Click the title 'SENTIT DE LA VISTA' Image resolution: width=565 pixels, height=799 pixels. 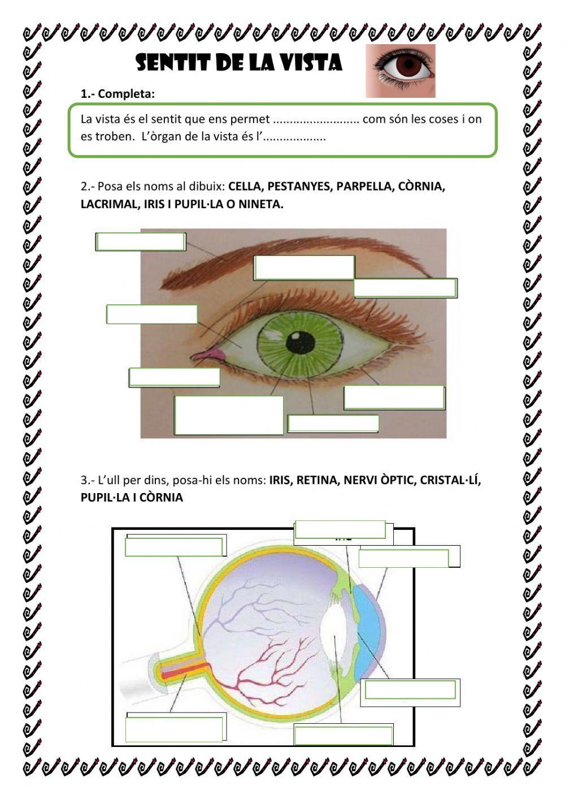[239, 63]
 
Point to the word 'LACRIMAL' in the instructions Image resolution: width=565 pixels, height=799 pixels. [108, 204]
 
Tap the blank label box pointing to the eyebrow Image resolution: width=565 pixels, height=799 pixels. [140, 241]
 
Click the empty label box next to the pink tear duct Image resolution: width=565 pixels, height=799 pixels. [174, 377]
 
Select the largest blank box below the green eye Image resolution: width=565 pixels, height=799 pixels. [229, 415]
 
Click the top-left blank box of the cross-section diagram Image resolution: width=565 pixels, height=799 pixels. [174, 547]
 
